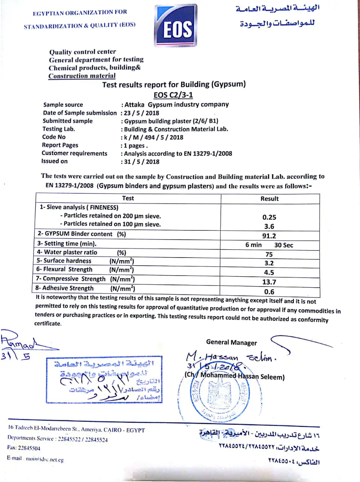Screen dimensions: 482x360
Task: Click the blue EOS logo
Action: click(x=176, y=26)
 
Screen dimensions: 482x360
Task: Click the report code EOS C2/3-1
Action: click(x=173, y=95)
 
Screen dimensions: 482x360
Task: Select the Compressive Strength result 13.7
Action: click(x=269, y=282)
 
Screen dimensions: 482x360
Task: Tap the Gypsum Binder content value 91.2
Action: click(x=269, y=236)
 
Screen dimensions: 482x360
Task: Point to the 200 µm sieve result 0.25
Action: click(x=269, y=217)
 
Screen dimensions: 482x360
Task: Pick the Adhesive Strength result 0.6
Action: click(x=269, y=292)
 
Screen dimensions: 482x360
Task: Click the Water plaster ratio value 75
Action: click(x=269, y=255)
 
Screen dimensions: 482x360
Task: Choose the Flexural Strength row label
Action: click(x=64, y=270)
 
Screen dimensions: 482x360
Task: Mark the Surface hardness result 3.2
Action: click(x=269, y=263)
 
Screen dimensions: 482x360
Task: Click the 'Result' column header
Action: click(x=270, y=198)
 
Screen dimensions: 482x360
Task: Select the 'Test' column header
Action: click(x=128, y=198)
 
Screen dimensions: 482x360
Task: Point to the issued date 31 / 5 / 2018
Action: click(x=142, y=162)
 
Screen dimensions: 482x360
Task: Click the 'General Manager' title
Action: click(x=231, y=342)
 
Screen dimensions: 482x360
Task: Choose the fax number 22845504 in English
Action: click(x=29, y=448)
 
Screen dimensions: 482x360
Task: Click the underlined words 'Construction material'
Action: click(x=82, y=76)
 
